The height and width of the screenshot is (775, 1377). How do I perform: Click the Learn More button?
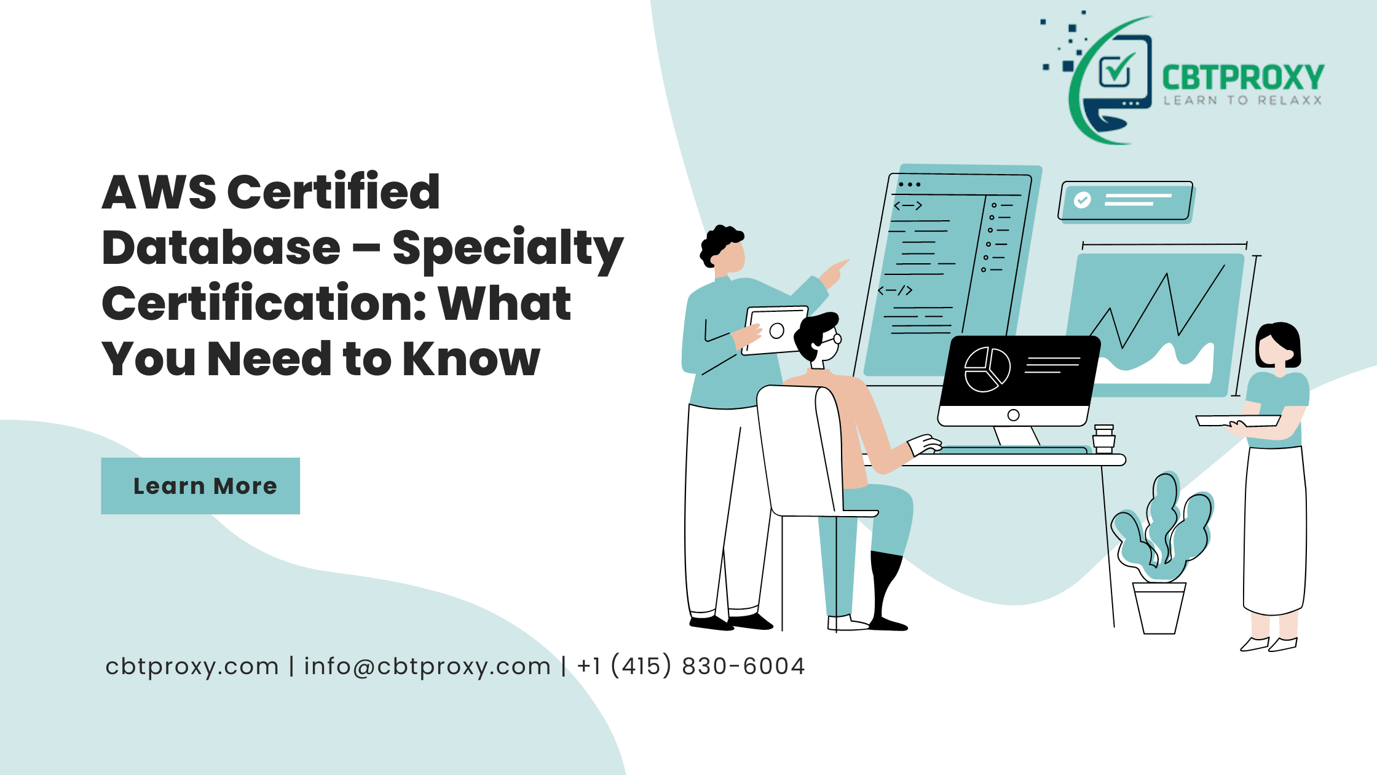pyautogui.click(x=200, y=486)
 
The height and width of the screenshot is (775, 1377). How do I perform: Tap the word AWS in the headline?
pyautogui.click(x=159, y=193)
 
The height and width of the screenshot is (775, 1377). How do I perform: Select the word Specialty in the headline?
pyautogui.click(x=508, y=249)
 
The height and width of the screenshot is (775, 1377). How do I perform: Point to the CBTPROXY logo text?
pyautogui.click(x=1242, y=78)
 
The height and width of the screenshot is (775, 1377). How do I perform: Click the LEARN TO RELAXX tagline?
pyautogui.click(x=1242, y=100)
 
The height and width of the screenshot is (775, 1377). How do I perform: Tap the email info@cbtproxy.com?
pyautogui.click(x=427, y=667)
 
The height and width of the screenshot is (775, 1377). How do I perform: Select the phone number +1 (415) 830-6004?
pyautogui.click(x=691, y=666)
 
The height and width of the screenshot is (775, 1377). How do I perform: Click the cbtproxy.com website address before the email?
pyautogui.click(x=192, y=667)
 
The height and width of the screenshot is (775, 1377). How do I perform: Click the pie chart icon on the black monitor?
pyautogui.click(x=987, y=370)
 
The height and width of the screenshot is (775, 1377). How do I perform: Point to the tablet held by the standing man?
pyautogui.click(x=776, y=330)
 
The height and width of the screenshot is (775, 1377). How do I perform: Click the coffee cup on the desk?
pyautogui.click(x=1104, y=439)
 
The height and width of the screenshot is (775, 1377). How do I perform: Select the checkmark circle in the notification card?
pyautogui.click(x=1083, y=200)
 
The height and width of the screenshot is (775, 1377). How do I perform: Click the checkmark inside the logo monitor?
pyautogui.click(x=1116, y=69)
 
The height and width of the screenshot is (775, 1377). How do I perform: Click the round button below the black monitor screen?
pyautogui.click(x=1014, y=415)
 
